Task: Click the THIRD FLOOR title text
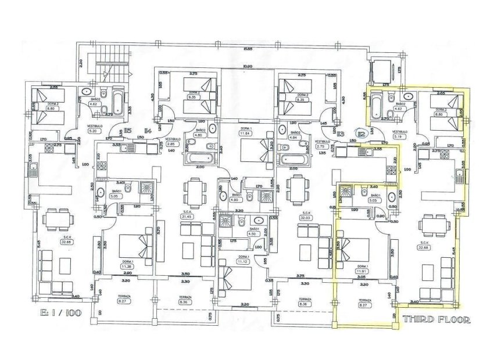point(433,319)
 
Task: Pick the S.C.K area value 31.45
point(187,217)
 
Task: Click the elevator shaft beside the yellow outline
point(382,71)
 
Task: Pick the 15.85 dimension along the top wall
point(248,48)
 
